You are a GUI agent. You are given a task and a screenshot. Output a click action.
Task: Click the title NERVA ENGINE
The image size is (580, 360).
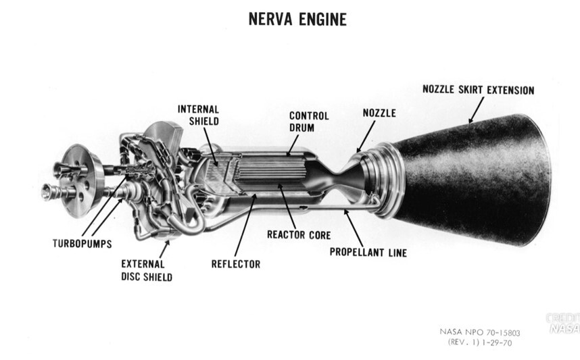coord(297,20)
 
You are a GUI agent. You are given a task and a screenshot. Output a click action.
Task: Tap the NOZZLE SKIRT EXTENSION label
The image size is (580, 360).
coord(478,89)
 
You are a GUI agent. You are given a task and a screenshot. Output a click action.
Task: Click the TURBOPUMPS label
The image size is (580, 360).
coord(82,241)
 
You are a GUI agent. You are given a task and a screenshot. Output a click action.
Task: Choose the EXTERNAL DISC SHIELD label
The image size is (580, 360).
coord(146,270)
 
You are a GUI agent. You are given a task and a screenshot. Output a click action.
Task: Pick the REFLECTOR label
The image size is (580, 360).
coord(235,264)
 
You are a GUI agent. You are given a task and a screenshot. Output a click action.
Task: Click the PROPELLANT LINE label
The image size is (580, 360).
coord(368,253)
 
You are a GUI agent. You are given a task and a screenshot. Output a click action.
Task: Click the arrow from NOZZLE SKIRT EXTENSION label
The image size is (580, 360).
coord(475,110)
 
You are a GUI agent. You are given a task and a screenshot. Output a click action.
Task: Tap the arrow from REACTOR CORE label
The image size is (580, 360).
coord(287,210)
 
